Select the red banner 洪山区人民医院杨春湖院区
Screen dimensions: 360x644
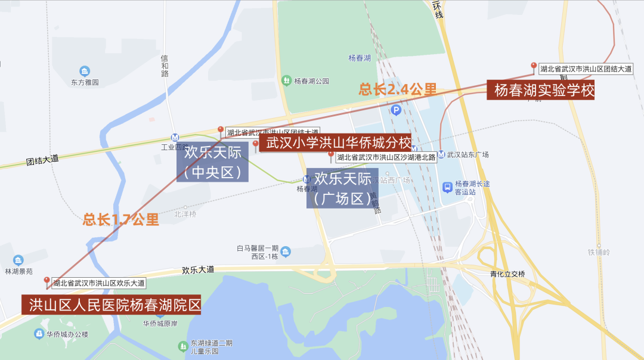[111, 305]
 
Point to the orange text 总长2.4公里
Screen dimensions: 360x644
[398, 89]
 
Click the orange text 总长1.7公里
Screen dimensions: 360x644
[121, 219]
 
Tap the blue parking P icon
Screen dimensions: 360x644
[395, 110]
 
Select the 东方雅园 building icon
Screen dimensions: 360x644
[85, 71]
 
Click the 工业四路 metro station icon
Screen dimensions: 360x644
[175, 136]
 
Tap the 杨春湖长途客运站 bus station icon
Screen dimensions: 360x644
[447, 188]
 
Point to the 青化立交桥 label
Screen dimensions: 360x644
[507, 274]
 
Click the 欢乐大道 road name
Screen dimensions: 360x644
[198, 270]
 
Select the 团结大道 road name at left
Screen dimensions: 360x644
[42, 160]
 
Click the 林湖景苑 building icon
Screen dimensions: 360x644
[18, 260]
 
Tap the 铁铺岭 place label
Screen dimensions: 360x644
[599, 253]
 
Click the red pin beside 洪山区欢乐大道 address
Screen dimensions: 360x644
[47, 281]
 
